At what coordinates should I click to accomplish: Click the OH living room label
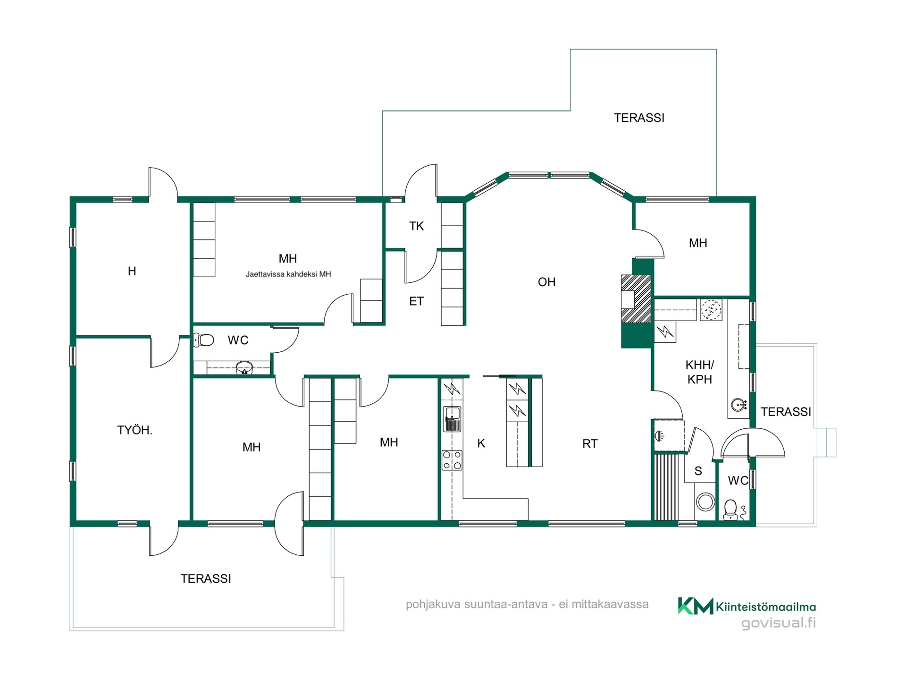pyautogui.click(x=546, y=282)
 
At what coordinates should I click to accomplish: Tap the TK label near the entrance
pyautogui.click(x=416, y=226)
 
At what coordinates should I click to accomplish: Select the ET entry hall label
pyautogui.click(x=416, y=301)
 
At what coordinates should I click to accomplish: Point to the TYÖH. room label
pyautogui.click(x=134, y=430)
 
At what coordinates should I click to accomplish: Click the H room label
pyautogui.click(x=132, y=271)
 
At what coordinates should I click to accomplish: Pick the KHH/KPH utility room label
pyautogui.click(x=700, y=372)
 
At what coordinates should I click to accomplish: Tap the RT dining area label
pyautogui.click(x=590, y=444)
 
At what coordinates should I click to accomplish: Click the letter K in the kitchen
pyautogui.click(x=481, y=443)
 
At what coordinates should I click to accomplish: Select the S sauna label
pyautogui.click(x=698, y=471)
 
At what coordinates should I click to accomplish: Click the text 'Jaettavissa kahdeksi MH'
pyautogui.click(x=288, y=274)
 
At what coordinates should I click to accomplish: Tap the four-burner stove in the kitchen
pyautogui.click(x=452, y=460)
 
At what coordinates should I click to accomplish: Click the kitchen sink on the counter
pyautogui.click(x=452, y=419)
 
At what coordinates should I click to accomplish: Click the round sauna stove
pyautogui.click(x=705, y=502)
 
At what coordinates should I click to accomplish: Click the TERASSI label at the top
pyautogui.click(x=639, y=118)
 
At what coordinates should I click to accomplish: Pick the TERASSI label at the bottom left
pyautogui.click(x=206, y=579)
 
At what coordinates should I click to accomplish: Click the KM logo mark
pyautogui.click(x=696, y=606)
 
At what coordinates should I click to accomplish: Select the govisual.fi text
pyautogui.click(x=779, y=623)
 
